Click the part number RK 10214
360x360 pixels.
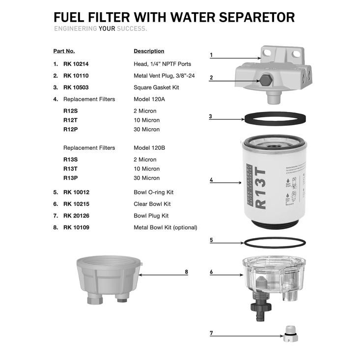76,64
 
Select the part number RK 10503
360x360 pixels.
76,87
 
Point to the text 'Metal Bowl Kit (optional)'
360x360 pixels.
165,227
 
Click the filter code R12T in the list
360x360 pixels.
70,120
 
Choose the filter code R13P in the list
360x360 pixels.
70,178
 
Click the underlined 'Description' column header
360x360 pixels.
149,51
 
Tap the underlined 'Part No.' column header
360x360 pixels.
64,51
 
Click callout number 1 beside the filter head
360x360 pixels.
211,55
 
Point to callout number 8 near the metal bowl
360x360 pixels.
186,272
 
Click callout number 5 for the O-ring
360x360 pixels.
211,240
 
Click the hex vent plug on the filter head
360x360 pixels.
265,80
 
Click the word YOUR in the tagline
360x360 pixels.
107,28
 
